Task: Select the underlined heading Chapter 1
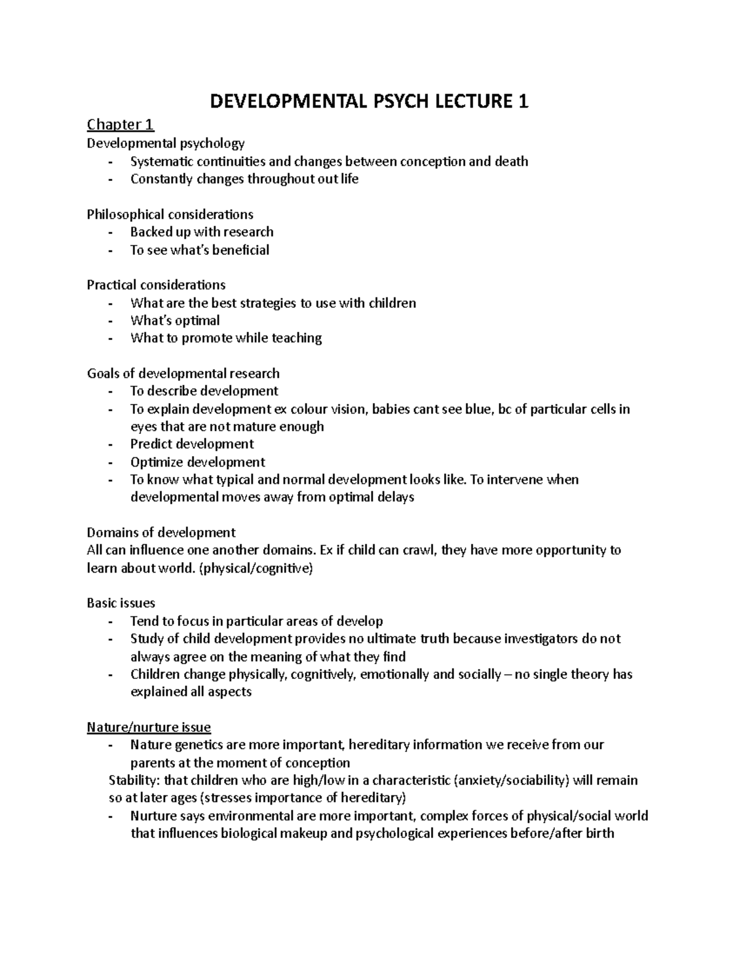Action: pos(120,125)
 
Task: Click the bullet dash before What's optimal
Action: pos(110,321)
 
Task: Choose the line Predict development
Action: pos(192,444)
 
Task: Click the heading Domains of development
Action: pos(161,532)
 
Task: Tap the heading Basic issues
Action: pos(121,603)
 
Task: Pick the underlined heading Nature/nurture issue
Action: pos(148,728)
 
